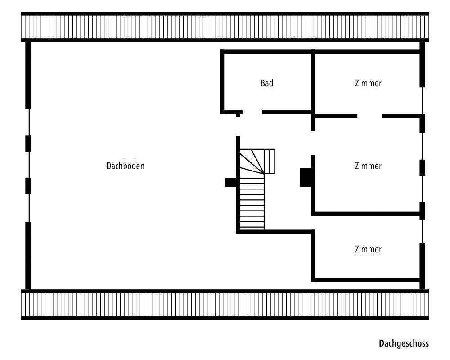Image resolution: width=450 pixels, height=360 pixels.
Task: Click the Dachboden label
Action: pyautogui.click(x=125, y=166)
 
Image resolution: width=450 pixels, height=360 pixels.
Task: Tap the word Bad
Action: pyautogui.click(x=267, y=83)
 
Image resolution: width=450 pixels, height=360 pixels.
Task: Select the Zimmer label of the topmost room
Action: pyautogui.click(x=368, y=83)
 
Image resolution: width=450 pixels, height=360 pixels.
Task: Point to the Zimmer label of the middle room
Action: pyautogui.click(x=368, y=166)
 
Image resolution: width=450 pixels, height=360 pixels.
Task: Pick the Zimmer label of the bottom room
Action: pyautogui.click(x=368, y=249)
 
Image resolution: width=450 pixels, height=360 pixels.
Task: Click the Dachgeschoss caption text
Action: pyautogui.click(x=404, y=343)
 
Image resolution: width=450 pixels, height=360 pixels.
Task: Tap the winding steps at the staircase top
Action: pyautogui.click(x=257, y=161)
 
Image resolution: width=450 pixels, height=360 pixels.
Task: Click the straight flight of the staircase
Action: pyautogui.click(x=252, y=202)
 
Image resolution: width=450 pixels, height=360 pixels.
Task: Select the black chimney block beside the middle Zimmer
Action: pyautogui.click(x=306, y=177)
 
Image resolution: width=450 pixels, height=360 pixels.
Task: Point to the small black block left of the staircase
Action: pyautogui.click(x=230, y=182)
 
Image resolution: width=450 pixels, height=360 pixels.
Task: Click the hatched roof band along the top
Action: pyautogui.click(x=225, y=27)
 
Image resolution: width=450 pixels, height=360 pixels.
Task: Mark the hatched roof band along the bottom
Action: pyautogui.click(x=225, y=305)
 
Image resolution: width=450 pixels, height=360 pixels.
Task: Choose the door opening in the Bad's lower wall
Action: pyautogui.click(x=252, y=112)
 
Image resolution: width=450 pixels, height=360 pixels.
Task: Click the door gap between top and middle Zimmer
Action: pyautogui.click(x=369, y=116)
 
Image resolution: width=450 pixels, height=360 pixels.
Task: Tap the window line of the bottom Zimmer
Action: pyautogui.click(x=423, y=232)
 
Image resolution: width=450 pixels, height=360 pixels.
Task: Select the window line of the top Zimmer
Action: pyautogui.click(x=423, y=100)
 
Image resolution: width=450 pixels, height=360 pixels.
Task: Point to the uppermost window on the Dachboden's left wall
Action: pyautogui.click(x=28, y=121)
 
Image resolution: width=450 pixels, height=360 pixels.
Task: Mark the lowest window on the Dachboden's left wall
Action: pyautogui.click(x=28, y=207)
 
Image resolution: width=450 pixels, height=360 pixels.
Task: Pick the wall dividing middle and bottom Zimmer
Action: pyautogui.click(x=367, y=213)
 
